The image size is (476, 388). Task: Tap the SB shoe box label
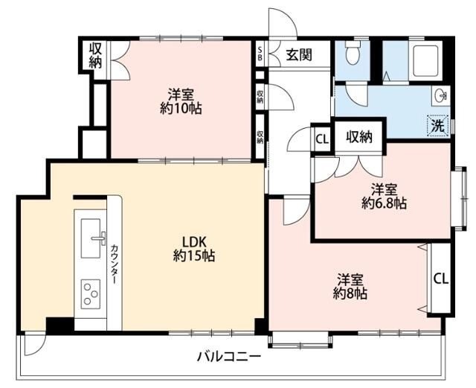(x=260, y=54)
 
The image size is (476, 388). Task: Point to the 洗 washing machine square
(x=438, y=126)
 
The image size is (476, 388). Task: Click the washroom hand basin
(x=440, y=95)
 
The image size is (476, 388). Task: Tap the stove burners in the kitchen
(x=90, y=292)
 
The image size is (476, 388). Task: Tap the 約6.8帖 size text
(x=384, y=203)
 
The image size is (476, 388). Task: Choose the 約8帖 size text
(x=350, y=293)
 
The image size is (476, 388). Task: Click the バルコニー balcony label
(x=229, y=356)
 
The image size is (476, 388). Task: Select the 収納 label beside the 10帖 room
(x=95, y=56)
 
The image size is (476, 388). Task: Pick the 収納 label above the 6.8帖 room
(x=359, y=137)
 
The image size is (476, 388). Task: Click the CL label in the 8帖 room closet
(x=440, y=279)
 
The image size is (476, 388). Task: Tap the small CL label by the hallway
(x=321, y=139)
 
